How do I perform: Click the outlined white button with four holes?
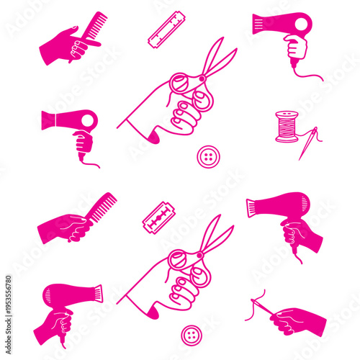(x=208, y=156)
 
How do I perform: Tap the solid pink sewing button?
(x=191, y=334)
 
